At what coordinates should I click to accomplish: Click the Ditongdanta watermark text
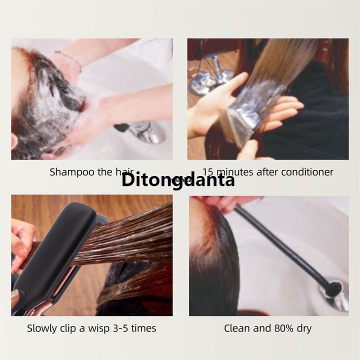click(178, 179)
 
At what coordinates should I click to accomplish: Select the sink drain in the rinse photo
click(335, 291)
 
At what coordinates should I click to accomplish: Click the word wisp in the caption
click(99, 328)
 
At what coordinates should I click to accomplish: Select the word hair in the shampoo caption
click(124, 172)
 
